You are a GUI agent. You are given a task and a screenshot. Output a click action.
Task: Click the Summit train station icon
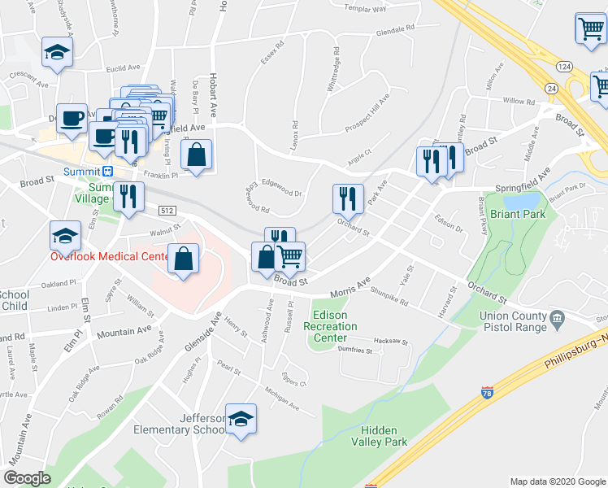(x=106, y=172)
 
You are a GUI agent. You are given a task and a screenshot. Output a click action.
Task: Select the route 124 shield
(x=562, y=65)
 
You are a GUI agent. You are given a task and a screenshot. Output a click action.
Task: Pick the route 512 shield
(x=167, y=210)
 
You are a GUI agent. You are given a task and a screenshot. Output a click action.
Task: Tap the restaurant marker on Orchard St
(x=346, y=198)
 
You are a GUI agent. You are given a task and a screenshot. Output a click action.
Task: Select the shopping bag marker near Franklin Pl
(x=197, y=155)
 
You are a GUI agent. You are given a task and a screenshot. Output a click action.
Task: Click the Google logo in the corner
(x=28, y=477)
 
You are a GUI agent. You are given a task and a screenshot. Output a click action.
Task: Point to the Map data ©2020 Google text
(x=557, y=481)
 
